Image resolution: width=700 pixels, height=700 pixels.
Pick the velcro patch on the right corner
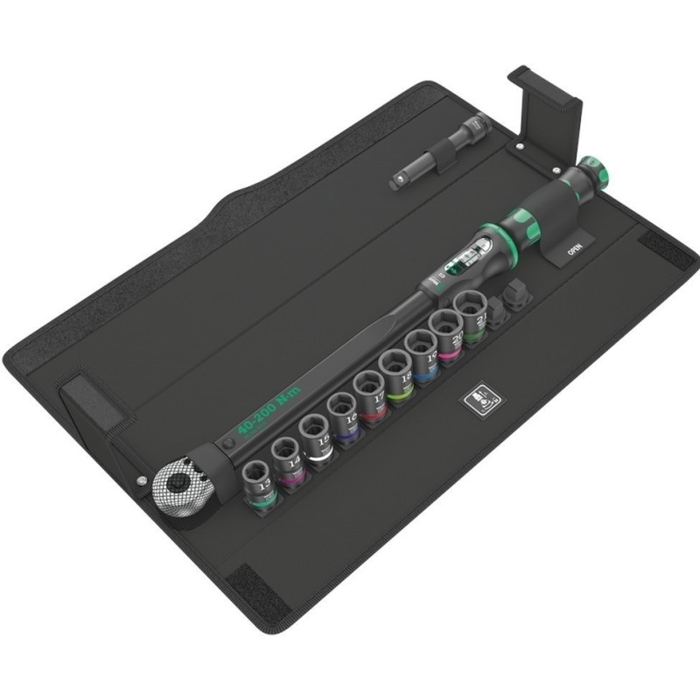pyautogui.click(x=667, y=251)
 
